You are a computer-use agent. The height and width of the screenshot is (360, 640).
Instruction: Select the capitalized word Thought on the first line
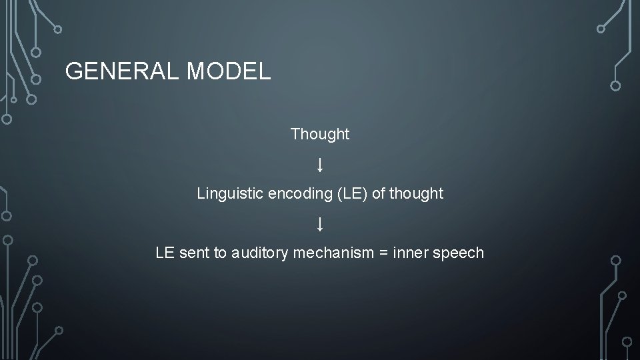pos(320,134)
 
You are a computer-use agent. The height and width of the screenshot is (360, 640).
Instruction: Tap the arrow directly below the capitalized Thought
pos(320,164)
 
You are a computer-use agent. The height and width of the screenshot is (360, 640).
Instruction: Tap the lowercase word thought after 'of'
pos(417,194)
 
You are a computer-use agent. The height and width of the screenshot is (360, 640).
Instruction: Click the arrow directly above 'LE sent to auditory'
pos(320,223)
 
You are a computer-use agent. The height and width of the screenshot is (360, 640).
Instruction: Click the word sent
pos(193,253)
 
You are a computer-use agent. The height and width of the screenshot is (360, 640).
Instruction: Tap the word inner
pos(411,253)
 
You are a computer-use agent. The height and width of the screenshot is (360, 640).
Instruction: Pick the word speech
pos(461,253)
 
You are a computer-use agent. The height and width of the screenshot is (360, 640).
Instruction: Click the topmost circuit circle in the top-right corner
pos(601,29)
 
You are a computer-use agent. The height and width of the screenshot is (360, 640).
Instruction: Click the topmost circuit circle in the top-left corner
pos(58,29)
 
